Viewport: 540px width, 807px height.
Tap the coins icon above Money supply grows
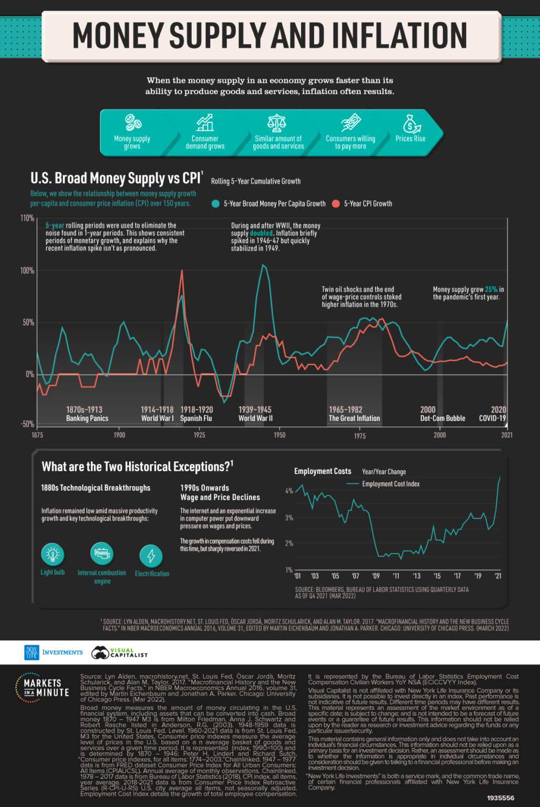[x=132, y=122]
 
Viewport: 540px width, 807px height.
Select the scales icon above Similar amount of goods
[x=277, y=122]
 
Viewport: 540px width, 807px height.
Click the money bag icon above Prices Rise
[x=411, y=123]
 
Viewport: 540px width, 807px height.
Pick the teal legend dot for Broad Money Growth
[x=215, y=204]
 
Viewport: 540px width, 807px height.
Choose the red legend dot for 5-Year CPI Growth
[x=336, y=204]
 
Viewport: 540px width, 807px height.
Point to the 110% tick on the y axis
[x=27, y=218]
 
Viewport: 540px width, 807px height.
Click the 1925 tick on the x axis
[x=199, y=435]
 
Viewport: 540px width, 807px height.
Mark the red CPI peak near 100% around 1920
[x=182, y=271]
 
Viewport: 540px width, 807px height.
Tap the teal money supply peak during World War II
[x=263, y=265]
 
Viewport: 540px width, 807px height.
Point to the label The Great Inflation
[x=354, y=419]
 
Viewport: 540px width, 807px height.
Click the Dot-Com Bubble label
[x=442, y=419]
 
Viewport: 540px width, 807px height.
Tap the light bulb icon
[x=53, y=554]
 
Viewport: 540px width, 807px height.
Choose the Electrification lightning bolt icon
[x=151, y=556]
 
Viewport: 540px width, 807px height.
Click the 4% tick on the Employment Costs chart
[x=289, y=491]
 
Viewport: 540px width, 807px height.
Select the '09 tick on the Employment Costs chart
[x=376, y=576]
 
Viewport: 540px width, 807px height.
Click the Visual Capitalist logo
[x=119, y=653]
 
